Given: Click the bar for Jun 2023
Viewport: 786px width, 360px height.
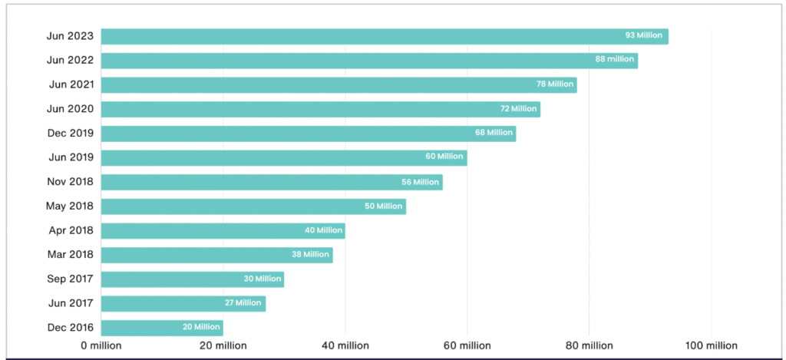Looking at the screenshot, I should pos(384,36).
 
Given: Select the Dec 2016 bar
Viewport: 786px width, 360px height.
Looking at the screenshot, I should pos(162,328).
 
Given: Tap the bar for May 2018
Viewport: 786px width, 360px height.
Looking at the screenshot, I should pos(253,206).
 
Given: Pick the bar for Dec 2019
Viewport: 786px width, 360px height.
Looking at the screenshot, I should pos(308,134).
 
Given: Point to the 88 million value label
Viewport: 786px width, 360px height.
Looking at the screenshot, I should pos(615,60).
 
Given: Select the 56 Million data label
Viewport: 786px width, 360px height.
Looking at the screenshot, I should pos(420,182).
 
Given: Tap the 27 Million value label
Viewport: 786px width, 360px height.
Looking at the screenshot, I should pos(243,303).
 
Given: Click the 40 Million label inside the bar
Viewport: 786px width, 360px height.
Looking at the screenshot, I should pos(323,230).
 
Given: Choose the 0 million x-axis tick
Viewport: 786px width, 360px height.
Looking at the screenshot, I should pos(101,346).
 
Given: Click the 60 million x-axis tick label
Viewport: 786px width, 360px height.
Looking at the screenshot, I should pos(467,346).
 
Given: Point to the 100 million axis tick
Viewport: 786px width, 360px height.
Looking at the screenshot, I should pos(711,346).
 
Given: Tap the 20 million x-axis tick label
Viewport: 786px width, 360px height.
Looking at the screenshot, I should pos(223,346).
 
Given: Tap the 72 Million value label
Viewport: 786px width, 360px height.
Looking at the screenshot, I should pos(518,109).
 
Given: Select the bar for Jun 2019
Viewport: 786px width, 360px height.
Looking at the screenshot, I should pos(284,157).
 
